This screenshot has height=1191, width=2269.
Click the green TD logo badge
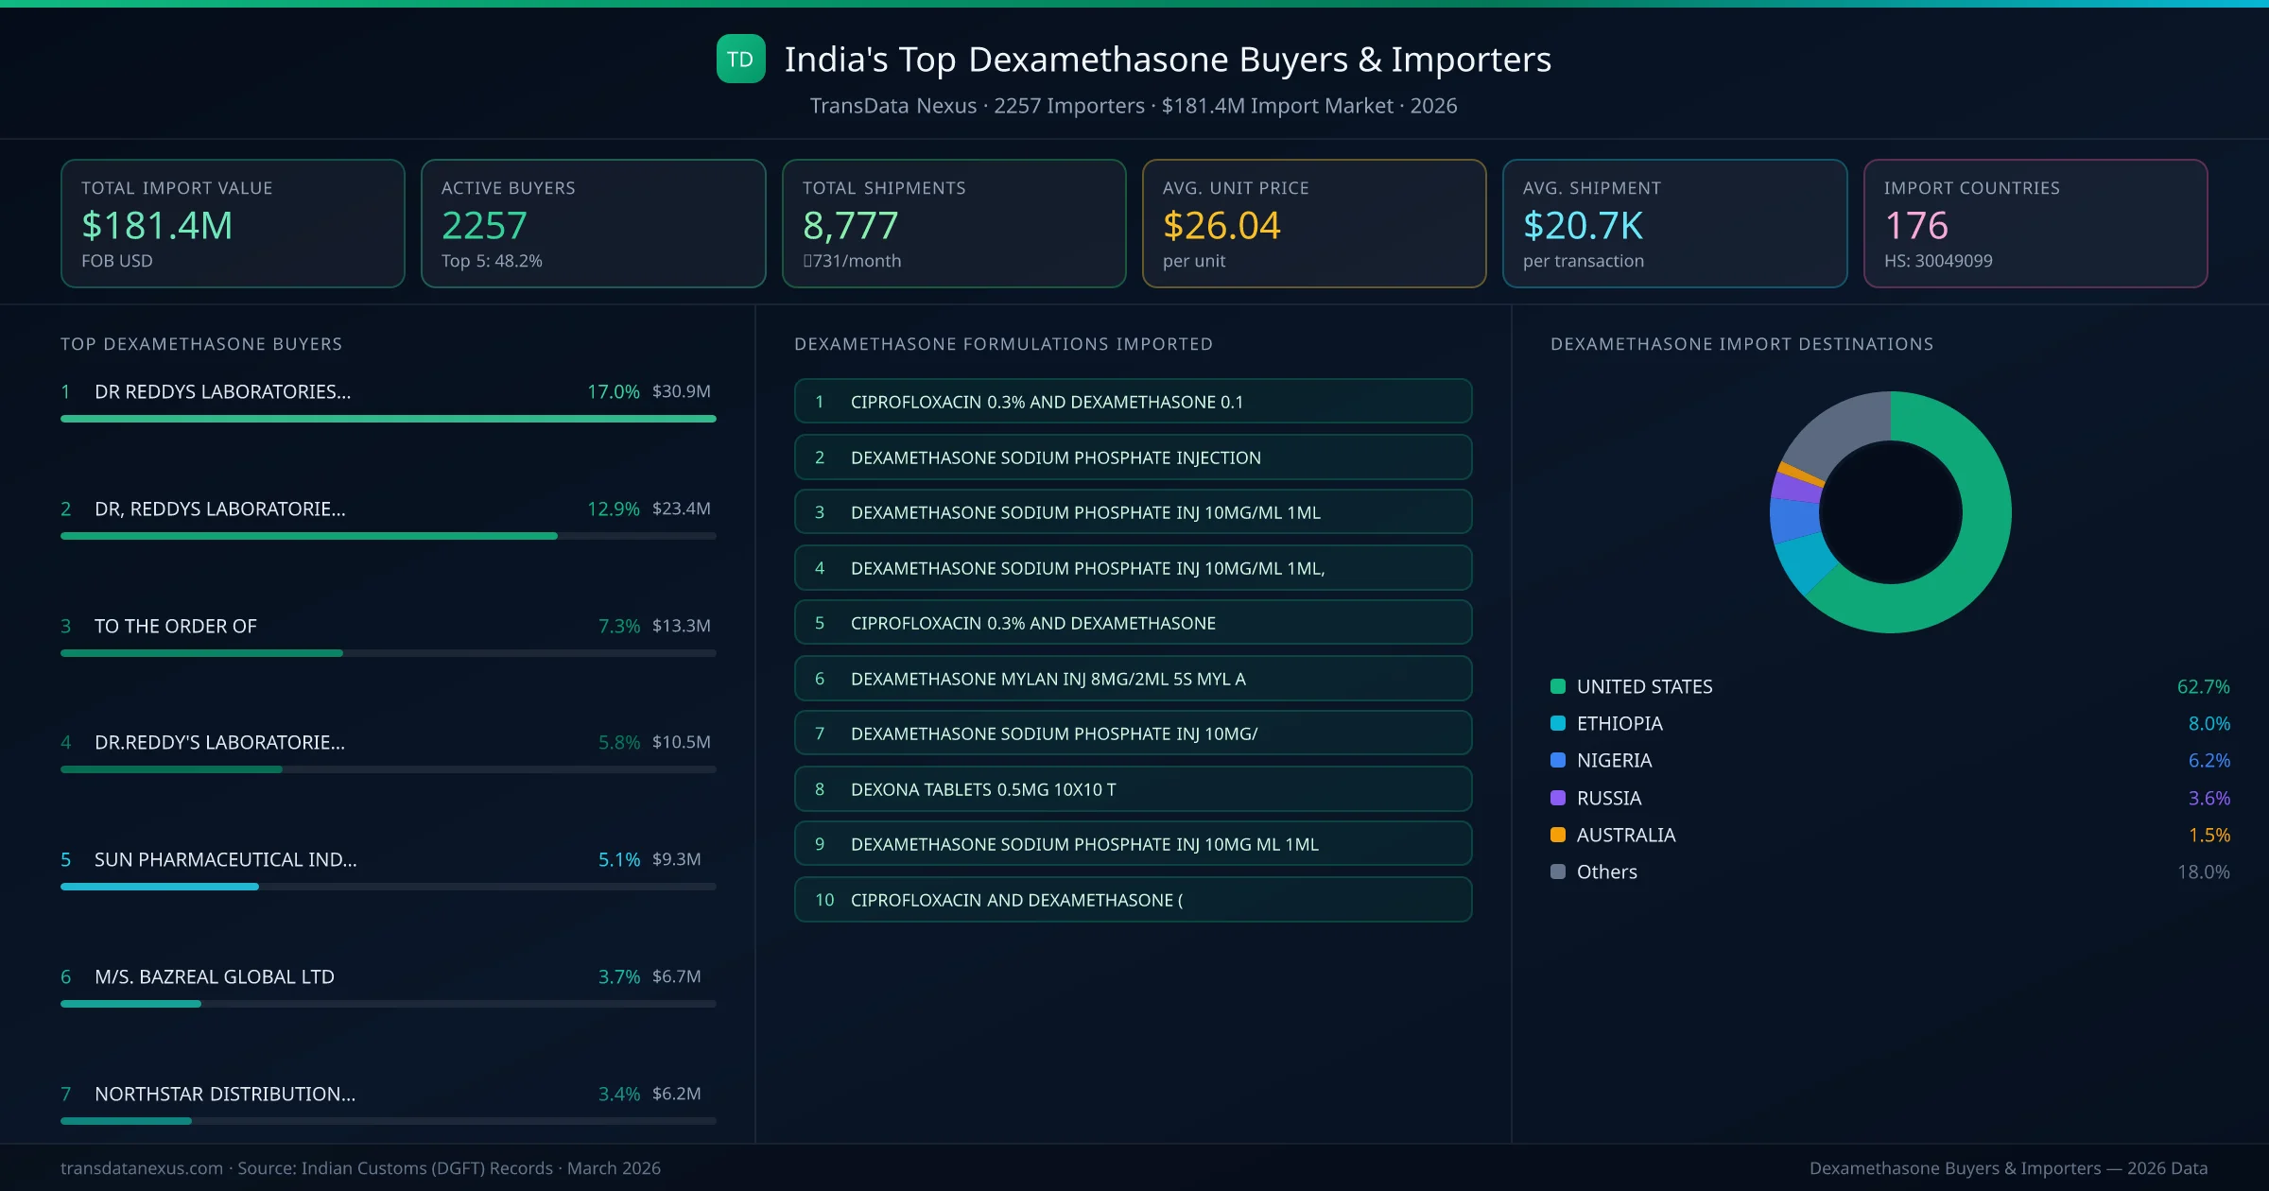click(740, 60)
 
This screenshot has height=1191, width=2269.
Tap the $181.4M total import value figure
click(157, 226)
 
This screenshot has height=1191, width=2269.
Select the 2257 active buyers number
click(484, 226)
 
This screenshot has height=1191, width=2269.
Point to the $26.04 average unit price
click(1221, 226)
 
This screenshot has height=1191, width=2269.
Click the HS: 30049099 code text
click(1937, 261)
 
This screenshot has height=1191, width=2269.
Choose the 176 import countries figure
click(1915, 226)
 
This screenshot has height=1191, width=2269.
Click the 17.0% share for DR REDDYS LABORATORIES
click(613, 391)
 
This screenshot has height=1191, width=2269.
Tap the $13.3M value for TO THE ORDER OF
click(681, 626)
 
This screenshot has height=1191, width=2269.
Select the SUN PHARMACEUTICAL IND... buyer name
click(225, 859)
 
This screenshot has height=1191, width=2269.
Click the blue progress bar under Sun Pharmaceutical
click(159, 887)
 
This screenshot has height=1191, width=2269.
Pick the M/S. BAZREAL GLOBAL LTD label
click(214, 976)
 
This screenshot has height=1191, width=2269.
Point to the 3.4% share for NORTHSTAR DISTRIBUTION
click(618, 1094)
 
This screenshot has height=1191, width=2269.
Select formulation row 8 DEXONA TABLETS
click(1133, 789)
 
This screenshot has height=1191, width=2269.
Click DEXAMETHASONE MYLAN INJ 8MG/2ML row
click(1133, 679)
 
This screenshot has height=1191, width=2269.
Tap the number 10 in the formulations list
click(824, 900)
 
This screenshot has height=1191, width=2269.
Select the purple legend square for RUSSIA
click(1558, 798)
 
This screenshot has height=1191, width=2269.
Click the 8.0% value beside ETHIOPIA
click(2208, 724)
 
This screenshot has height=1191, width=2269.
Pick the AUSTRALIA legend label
click(1625, 835)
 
